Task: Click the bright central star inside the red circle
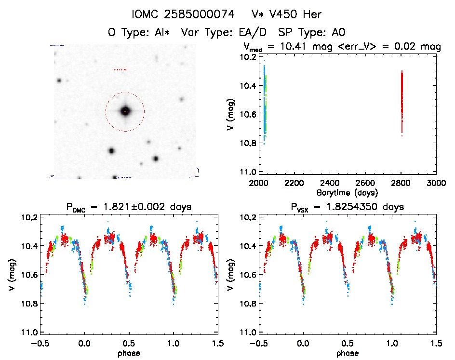tap(125, 111)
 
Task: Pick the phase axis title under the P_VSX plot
tap(347, 353)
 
